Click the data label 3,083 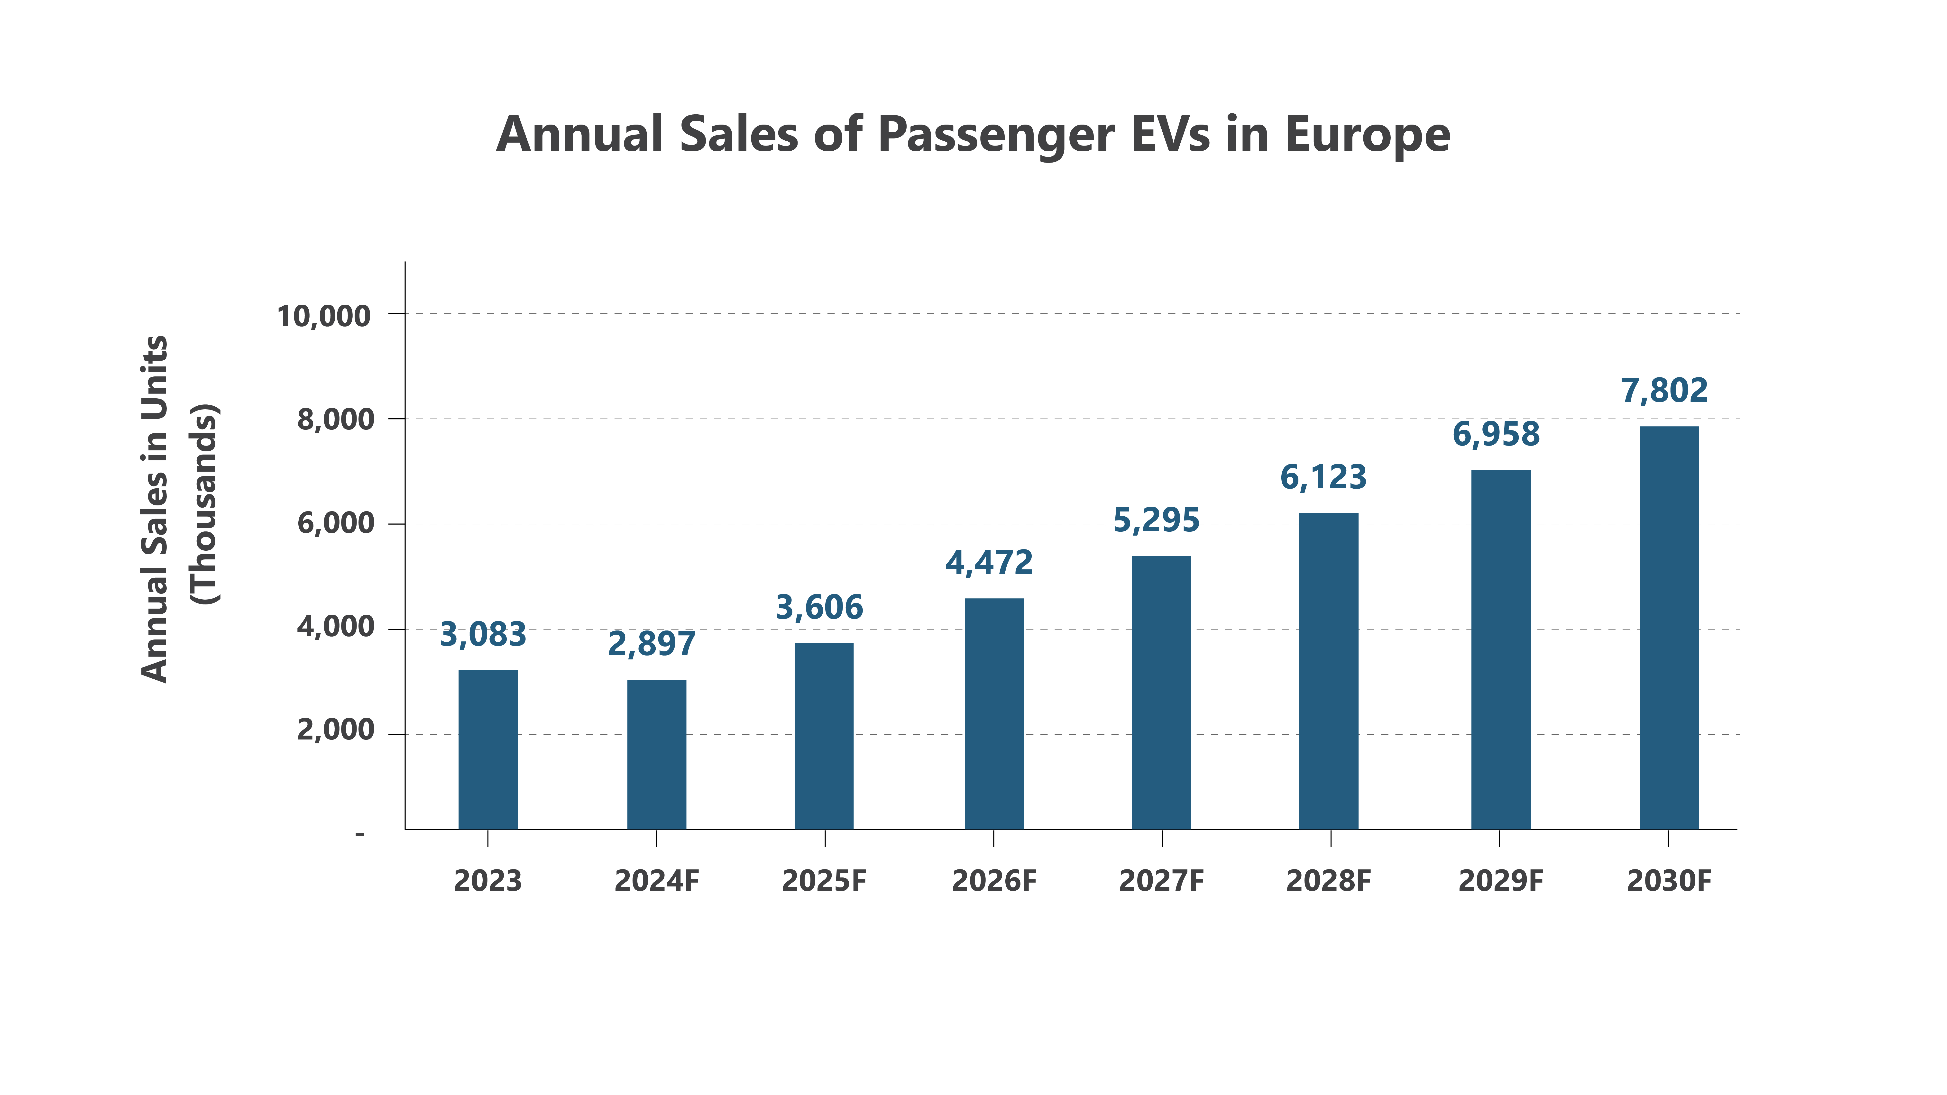click(x=483, y=635)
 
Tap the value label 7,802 click(x=1663, y=391)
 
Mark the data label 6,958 click(x=1496, y=435)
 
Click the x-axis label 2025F click(x=824, y=881)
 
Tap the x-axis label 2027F click(x=1161, y=881)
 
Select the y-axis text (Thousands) click(x=204, y=504)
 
